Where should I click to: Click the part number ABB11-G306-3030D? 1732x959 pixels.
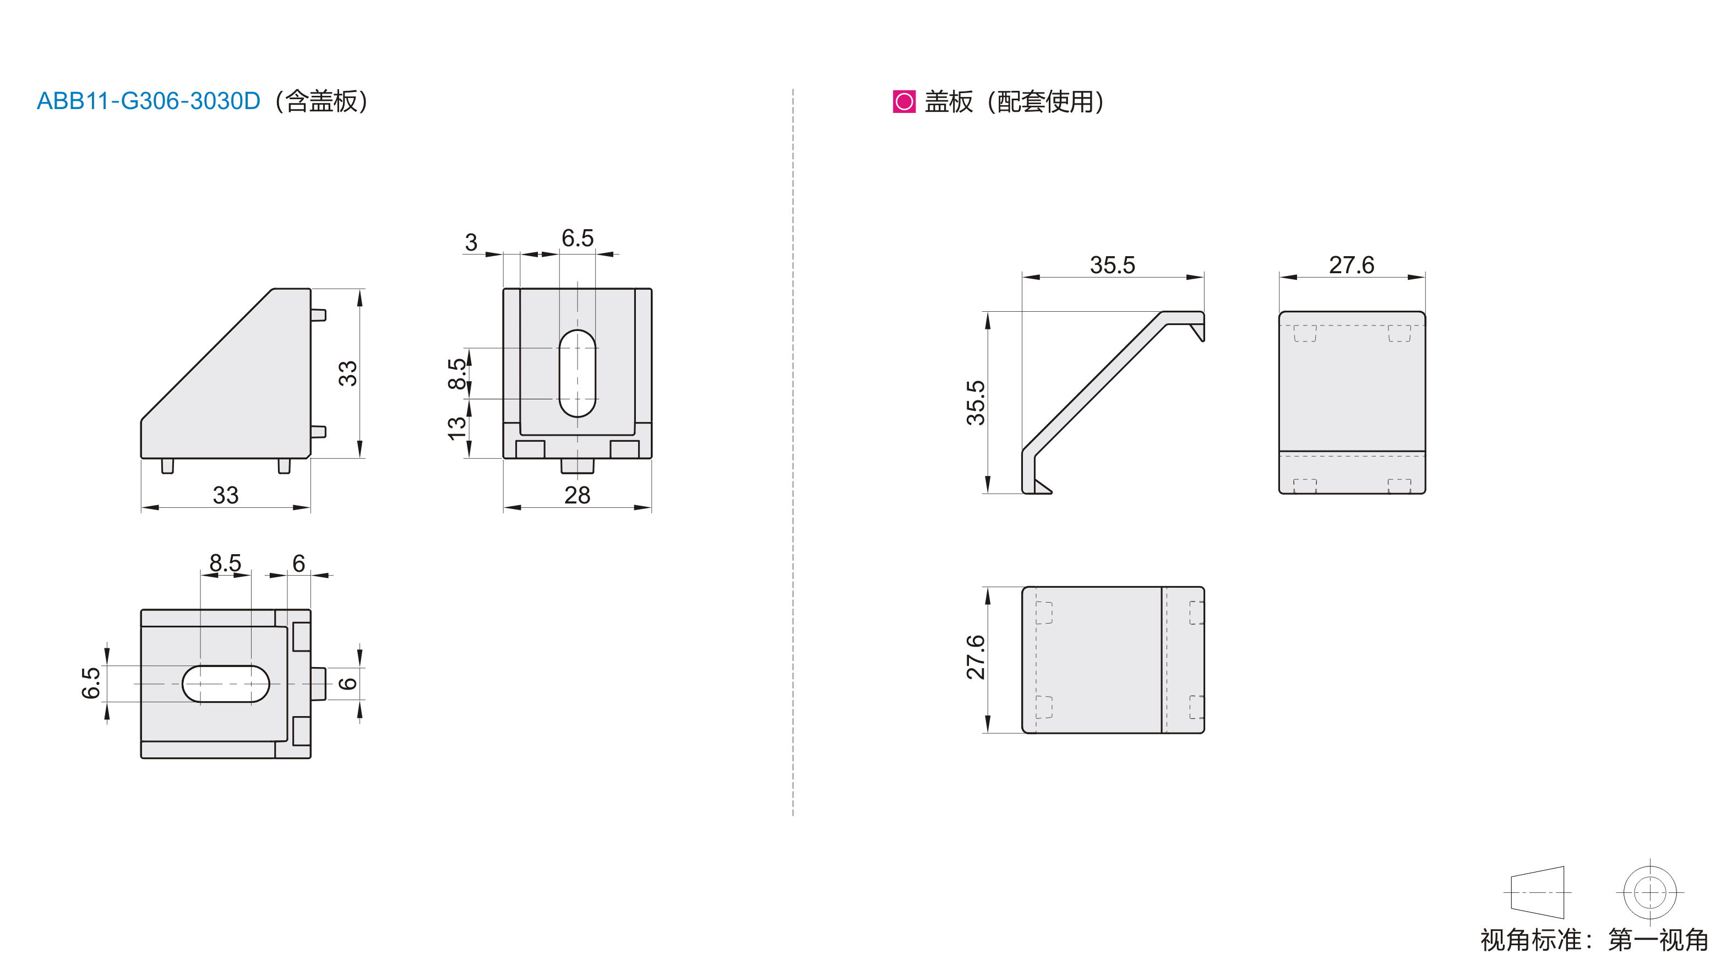click(148, 101)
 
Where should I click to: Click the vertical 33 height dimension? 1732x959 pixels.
click(347, 373)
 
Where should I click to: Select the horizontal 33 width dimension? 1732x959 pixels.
click(226, 495)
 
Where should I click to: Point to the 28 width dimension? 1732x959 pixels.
click(577, 495)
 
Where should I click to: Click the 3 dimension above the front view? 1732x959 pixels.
click(471, 242)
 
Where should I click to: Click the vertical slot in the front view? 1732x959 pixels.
click(577, 373)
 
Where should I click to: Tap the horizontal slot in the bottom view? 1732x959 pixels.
click(226, 684)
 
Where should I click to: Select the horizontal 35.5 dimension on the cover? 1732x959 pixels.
click(1112, 265)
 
